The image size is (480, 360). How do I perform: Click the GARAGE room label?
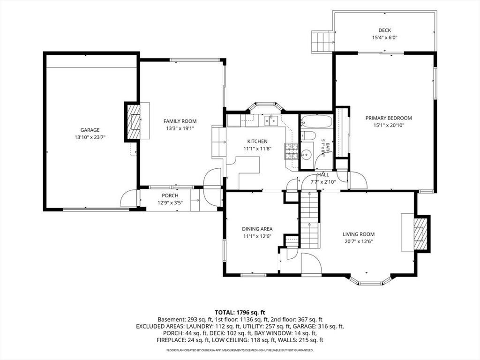(x=90, y=130)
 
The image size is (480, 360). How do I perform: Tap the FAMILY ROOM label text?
(x=180, y=121)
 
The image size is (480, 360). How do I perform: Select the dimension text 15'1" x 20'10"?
(x=389, y=125)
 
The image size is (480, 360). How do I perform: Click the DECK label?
(x=384, y=30)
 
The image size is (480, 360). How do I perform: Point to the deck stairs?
(x=322, y=41)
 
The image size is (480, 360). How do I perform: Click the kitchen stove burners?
(x=292, y=151)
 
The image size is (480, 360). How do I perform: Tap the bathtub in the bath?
(x=316, y=121)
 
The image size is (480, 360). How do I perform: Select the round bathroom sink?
(x=307, y=155)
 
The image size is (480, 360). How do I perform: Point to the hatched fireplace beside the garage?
(x=134, y=122)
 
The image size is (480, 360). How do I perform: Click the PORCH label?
(x=170, y=195)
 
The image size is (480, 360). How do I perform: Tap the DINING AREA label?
(x=257, y=229)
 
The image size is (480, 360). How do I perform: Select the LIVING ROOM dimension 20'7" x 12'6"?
(x=359, y=241)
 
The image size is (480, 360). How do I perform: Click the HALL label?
(x=323, y=175)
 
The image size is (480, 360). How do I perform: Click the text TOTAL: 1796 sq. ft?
(x=240, y=313)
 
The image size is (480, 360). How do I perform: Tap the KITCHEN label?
(x=257, y=142)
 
